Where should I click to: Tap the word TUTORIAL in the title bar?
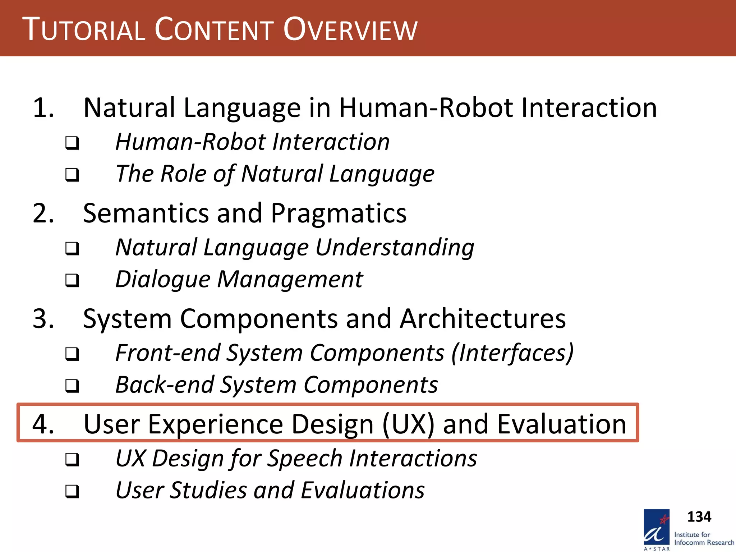(84, 29)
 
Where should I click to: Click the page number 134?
(699, 517)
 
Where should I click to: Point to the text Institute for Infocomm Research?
(703, 539)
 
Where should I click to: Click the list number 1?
(43, 108)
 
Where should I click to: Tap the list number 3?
(43, 319)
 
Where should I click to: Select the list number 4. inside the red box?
(43, 424)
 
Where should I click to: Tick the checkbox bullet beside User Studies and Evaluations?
(72, 491)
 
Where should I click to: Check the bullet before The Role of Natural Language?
(72, 175)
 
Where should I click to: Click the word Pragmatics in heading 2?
(338, 213)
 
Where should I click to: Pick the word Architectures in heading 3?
(483, 319)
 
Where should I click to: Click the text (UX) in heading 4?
(409, 424)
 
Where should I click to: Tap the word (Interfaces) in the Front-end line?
(512, 353)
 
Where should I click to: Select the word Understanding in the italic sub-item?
(395, 248)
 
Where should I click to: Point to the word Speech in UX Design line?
(305, 459)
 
